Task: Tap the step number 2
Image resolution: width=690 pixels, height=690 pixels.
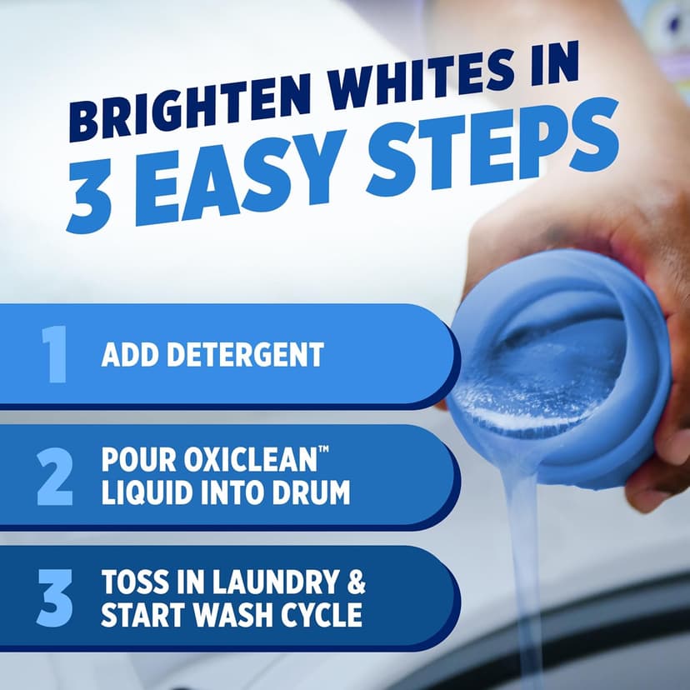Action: click(x=56, y=476)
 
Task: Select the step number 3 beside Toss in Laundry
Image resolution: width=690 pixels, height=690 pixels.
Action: click(x=56, y=597)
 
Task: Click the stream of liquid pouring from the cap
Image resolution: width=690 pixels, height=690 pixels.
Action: click(x=525, y=567)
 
